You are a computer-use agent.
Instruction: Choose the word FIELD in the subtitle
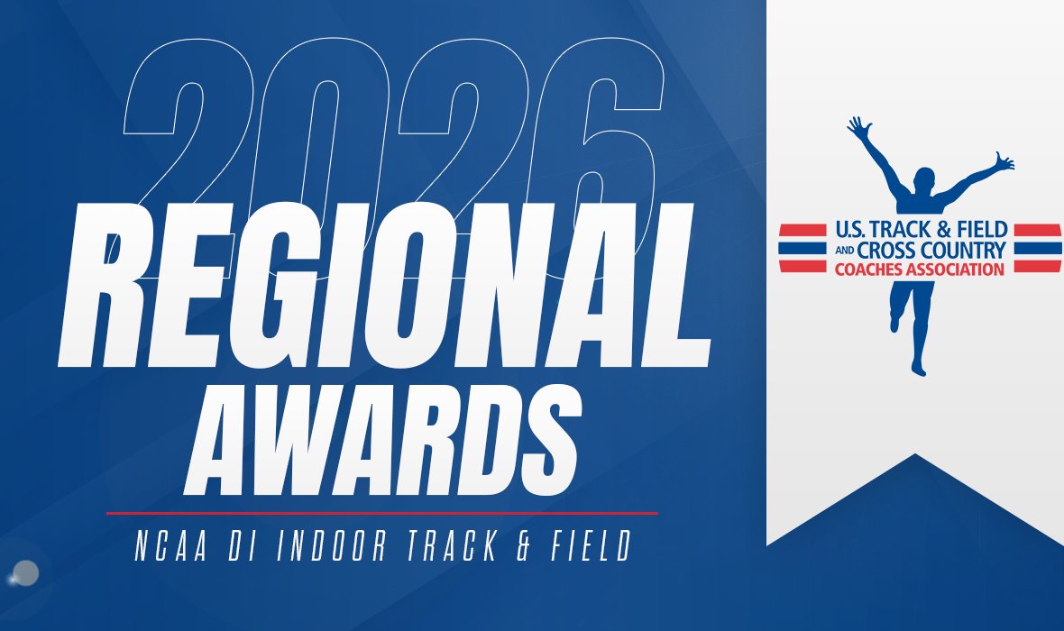point(590,549)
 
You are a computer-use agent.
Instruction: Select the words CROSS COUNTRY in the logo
point(932,249)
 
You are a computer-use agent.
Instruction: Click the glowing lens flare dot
point(26,572)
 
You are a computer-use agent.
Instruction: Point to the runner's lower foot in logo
point(917,366)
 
